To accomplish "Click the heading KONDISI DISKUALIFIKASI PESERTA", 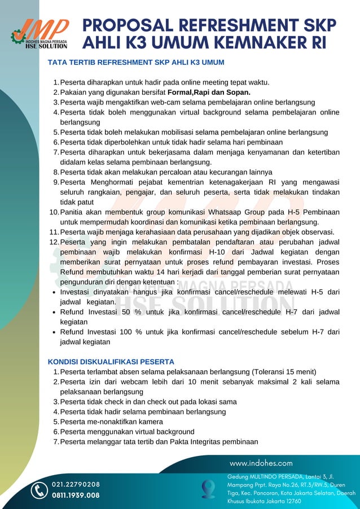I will point(111,362).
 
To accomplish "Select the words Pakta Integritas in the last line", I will point(204,442).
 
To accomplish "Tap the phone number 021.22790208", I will point(76,485).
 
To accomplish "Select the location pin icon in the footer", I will point(209,489).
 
